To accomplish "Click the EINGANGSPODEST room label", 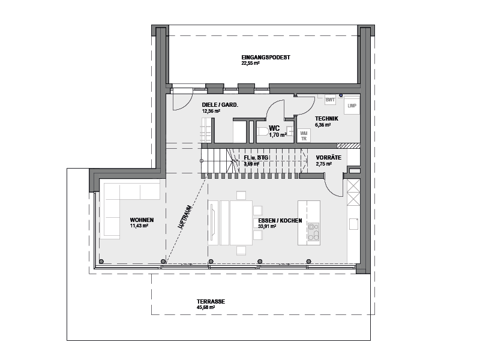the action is pos(266,57).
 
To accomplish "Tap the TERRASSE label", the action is pos(211,302).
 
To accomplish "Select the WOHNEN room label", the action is pos(142,220).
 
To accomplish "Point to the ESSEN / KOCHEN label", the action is pos(280,221).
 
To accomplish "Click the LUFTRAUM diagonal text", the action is pos(185,217).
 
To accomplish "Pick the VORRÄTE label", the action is pos(328,158).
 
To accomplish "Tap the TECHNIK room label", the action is pos(326,119).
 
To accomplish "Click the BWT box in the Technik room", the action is pos(330,100).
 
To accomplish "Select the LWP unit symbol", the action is pos(352,106).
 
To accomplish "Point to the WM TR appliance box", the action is pos(304,136).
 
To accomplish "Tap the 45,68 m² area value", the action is pos(206,307).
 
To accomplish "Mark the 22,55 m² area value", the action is pos(250,64).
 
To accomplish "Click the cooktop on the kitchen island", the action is pos(313,232).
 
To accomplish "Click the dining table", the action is pos(241,223).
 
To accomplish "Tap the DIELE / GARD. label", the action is pos(220,105).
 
